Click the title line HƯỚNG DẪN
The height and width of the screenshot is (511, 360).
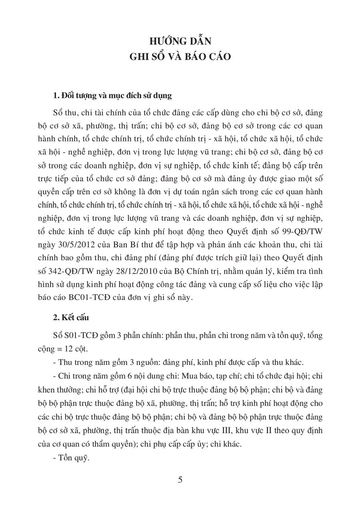pos(180,41)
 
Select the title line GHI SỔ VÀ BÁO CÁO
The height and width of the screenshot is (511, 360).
pos(180,57)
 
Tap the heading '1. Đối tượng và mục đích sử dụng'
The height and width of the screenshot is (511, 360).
pos(112,96)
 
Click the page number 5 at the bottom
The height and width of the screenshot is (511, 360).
pos(180,480)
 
